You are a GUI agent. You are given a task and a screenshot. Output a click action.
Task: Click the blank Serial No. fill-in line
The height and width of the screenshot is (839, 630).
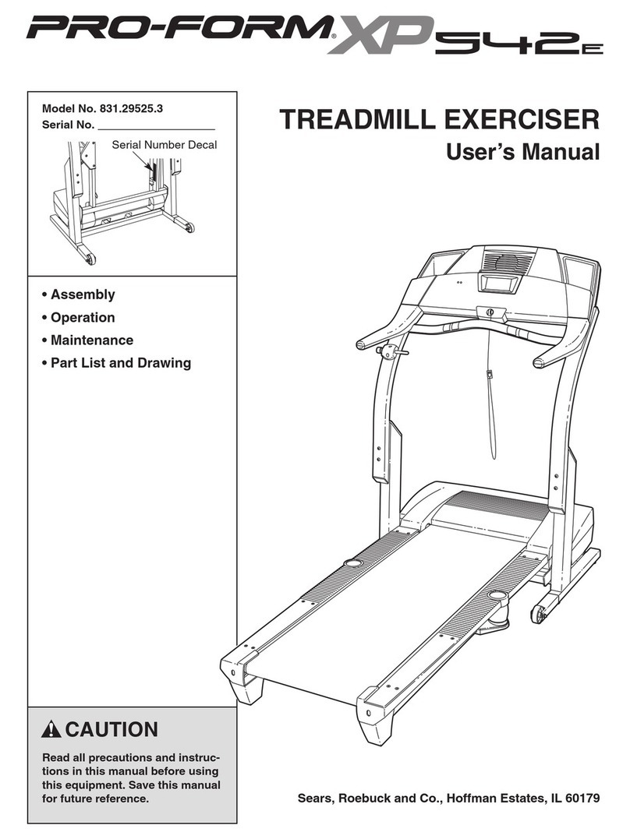(156, 125)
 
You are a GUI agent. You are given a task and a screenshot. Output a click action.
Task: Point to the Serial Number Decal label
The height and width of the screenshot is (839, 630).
(164, 144)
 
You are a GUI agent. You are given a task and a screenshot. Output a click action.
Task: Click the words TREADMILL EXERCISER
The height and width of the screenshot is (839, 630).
(440, 121)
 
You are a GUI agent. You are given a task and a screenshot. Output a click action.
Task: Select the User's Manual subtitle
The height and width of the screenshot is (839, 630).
(523, 152)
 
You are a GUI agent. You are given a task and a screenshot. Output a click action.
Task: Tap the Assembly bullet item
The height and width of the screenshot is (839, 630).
(83, 294)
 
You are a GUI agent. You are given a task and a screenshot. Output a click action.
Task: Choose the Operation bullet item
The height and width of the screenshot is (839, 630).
(83, 317)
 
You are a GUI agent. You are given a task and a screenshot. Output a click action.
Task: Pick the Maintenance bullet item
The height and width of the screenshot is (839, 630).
(92, 340)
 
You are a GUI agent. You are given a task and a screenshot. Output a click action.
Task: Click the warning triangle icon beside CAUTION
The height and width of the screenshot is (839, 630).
(52, 730)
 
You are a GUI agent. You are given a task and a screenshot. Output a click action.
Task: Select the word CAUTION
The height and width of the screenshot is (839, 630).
(111, 730)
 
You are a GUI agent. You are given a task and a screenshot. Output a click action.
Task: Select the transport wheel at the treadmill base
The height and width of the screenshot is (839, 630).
(538, 614)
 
